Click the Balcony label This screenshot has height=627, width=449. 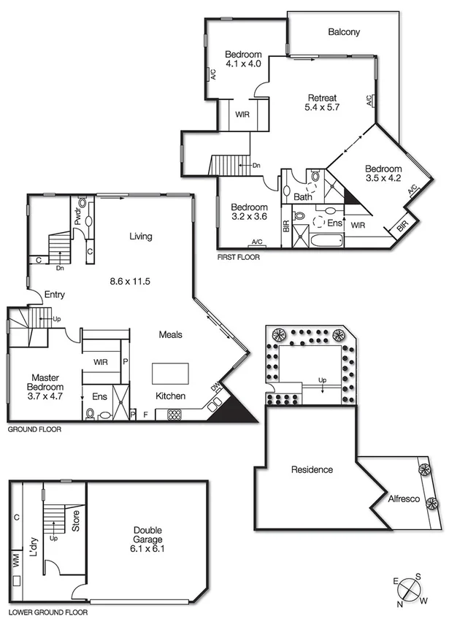[344, 32]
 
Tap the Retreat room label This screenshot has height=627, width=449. [322, 98]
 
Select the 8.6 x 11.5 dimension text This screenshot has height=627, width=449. [129, 281]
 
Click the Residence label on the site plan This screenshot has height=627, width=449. [312, 469]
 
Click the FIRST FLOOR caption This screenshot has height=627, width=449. [239, 258]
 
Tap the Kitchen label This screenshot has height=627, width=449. [170, 396]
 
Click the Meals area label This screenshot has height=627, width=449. [171, 334]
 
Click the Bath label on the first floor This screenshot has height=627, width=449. [303, 196]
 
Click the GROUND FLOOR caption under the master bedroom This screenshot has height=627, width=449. [34, 430]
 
